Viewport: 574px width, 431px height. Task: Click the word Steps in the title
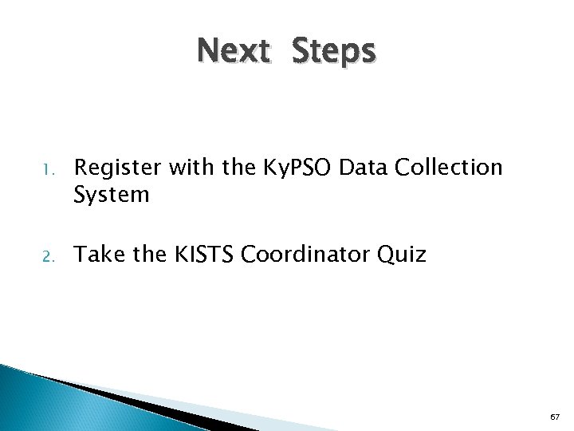click(x=332, y=52)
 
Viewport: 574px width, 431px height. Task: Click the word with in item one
click(x=179, y=168)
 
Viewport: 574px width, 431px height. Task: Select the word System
click(x=111, y=195)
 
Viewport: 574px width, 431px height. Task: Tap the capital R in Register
click(x=80, y=168)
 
